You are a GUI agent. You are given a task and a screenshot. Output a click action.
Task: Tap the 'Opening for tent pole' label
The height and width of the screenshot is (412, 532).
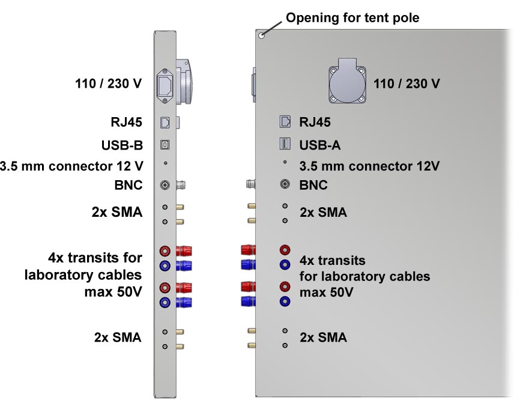[352, 18]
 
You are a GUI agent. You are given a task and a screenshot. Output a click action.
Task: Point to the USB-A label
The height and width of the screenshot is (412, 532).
[321, 145]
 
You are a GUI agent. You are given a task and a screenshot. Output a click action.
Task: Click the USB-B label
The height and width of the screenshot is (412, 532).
[122, 145]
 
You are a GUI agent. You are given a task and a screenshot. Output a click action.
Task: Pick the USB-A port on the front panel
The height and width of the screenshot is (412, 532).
[285, 144]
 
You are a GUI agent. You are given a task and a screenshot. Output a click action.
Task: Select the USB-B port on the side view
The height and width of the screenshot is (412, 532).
[165, 145]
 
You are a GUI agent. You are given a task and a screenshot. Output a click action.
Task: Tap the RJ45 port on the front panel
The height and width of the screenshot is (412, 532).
[285, 122]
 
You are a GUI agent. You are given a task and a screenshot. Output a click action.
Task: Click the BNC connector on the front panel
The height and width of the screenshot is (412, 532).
[285, 185]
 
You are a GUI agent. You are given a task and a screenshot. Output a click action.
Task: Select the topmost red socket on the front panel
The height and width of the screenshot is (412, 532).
[285, 249]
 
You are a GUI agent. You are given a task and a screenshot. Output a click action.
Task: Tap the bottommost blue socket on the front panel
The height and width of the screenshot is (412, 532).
[285, 301]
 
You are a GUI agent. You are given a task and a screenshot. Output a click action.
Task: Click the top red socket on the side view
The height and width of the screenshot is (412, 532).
[165, 250]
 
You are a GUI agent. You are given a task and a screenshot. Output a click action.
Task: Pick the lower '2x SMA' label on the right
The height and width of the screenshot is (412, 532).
[323, 338]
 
